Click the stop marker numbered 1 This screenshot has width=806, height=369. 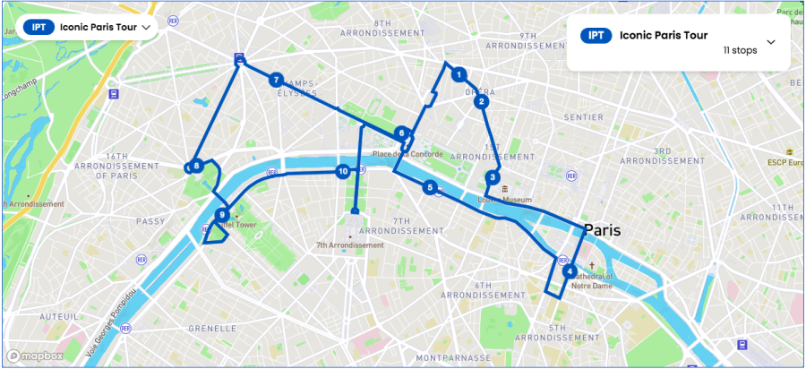pyautogui.click(x=459, y=74)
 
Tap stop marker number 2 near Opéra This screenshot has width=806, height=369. pyautogui.click(x=482, y=101)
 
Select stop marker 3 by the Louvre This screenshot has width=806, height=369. pyautogui.click(x=493, y=177)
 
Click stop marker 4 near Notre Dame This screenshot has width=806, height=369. pyautogui.click(x=570, y=271)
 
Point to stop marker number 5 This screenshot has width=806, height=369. pyautogui.click(x=431, y=187)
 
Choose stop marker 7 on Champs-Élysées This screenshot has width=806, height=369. pyautogui.click(x=276, y=80)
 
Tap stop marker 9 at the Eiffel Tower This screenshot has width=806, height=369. pyautogui.click(x=222, y=215)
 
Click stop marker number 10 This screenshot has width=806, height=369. pyautogui.click(x=342, y=171)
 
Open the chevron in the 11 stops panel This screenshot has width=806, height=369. pyautogui.click(x=770, y=42)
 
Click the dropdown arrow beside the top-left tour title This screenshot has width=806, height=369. pyautogui.click(x=146, y=27)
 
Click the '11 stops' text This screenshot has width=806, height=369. pyautogui.click(x=740, y=51)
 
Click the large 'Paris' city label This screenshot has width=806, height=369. pyautogui.click(x=602, y=230)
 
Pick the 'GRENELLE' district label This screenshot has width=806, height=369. pyautogui.click(x=211, y=329)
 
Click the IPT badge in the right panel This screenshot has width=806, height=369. pyautogui.click(x=596, y=36)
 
